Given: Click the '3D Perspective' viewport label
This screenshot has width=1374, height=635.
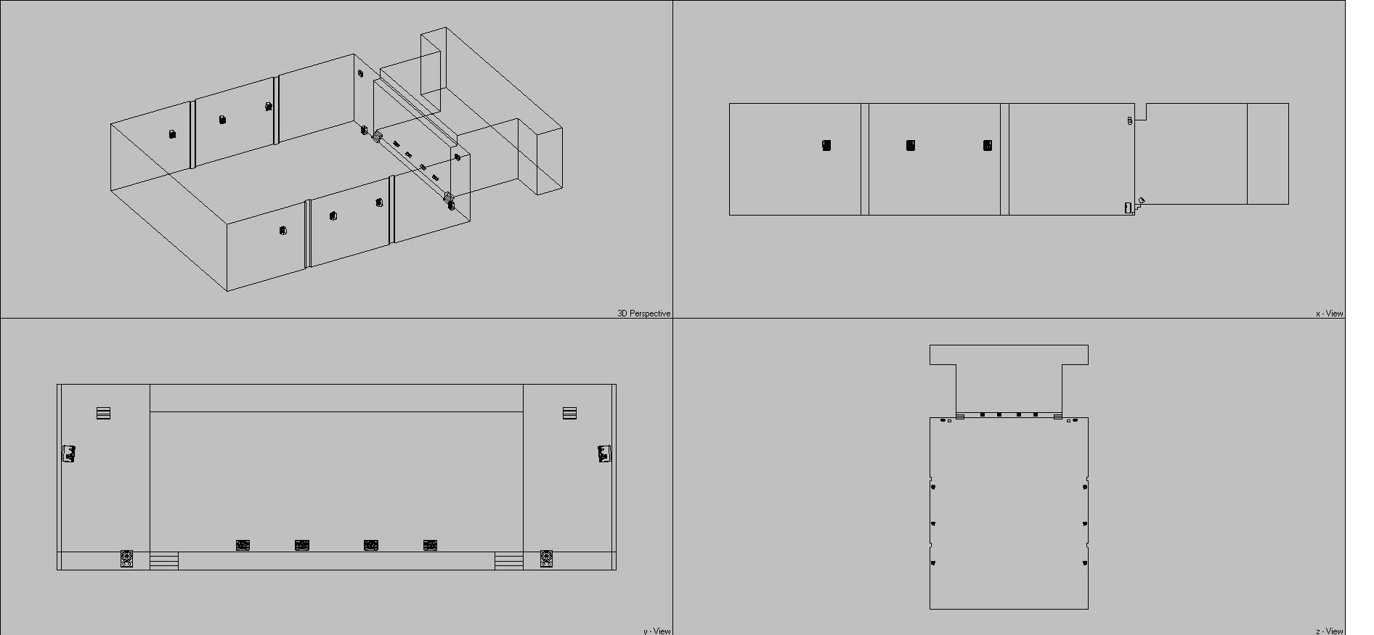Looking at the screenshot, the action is click(x=643, y=314).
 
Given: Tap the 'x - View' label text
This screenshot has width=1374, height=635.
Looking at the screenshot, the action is click(x=1329, y=314).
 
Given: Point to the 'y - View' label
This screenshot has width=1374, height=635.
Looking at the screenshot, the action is click(x=656, y=631).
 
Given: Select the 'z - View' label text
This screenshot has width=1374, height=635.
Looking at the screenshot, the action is click(x=1329, y=631).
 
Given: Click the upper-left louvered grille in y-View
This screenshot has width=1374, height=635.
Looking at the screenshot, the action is click(x=103, y=414).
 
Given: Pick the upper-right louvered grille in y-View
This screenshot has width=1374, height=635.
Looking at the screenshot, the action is click(x=569, y=414).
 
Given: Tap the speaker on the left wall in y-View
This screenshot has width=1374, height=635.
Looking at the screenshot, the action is click(x=69, y=454).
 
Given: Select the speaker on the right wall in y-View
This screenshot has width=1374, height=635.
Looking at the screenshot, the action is click(x=604, y=454).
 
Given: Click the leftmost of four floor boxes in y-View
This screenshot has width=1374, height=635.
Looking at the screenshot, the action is click(x=243, y=545).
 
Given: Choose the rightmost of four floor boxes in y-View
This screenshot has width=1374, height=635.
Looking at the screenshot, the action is click(x=430, y=545).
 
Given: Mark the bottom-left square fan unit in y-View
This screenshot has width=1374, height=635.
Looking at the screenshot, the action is click(x=126, y=559).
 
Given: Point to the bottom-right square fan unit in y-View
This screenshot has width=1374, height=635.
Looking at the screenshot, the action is click(x=547, y=559).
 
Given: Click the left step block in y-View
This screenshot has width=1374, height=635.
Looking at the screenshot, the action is click(x=164, y=561).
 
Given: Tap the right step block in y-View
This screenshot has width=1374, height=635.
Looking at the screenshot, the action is click(x=508, y=561).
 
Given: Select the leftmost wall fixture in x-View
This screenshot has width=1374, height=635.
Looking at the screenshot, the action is click(x=826, y=145).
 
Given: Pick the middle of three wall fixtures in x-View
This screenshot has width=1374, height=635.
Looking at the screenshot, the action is click(x=911, y=145).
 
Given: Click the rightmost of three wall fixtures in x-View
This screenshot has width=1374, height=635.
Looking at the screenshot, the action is click(x=988, y=145).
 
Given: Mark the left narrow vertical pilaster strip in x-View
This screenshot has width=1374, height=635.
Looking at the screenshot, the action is click(x=865, y=159).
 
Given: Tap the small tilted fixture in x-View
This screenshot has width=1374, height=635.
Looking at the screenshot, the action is click(x=1141, y=200).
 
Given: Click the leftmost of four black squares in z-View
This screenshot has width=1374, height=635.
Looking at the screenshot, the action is click(x=983, y=415).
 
